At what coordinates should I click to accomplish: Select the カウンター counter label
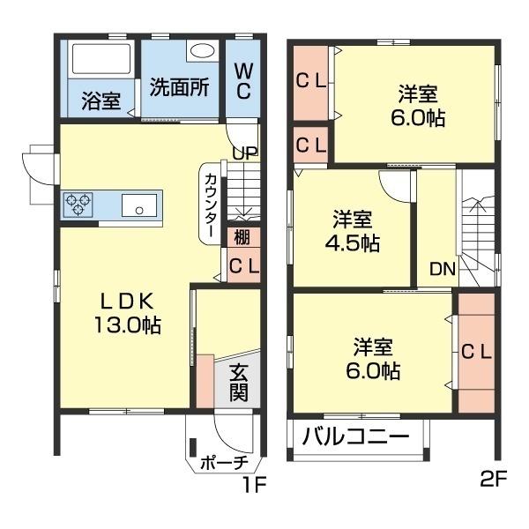[x=212, y=204]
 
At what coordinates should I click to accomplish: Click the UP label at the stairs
[x=245, y=153]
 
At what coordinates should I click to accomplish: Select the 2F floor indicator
[x=495, y=481]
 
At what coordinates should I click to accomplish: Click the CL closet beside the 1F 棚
[x=243, y=265]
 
